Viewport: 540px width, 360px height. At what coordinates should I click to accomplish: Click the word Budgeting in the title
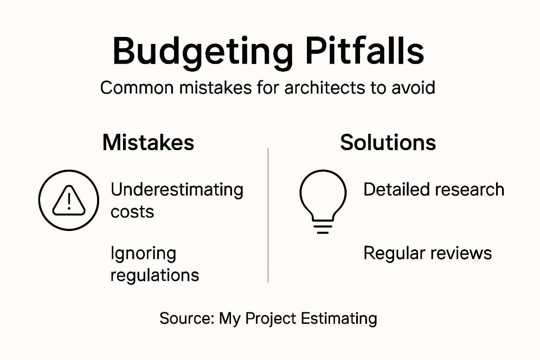point(202,52)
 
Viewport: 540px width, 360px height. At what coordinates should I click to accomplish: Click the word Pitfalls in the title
point(365,51)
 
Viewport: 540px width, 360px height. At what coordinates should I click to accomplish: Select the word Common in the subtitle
point(137,88)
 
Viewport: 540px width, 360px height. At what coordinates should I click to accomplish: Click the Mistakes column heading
point(148,142)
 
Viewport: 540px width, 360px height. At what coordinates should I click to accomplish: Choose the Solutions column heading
point(388,142)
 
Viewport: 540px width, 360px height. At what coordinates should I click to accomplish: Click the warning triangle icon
point(69,200)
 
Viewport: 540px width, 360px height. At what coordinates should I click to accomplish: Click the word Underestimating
point(177,190)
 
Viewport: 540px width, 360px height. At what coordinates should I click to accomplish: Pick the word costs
point(132,212)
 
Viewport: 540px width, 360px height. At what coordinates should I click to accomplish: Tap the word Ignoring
point(143,253)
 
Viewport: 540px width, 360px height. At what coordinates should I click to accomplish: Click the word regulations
point(155,275)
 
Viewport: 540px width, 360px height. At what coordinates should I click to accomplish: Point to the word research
point(470,189)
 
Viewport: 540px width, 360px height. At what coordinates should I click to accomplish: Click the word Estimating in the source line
point(339,319)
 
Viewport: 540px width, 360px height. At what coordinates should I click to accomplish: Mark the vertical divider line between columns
point(268,215)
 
